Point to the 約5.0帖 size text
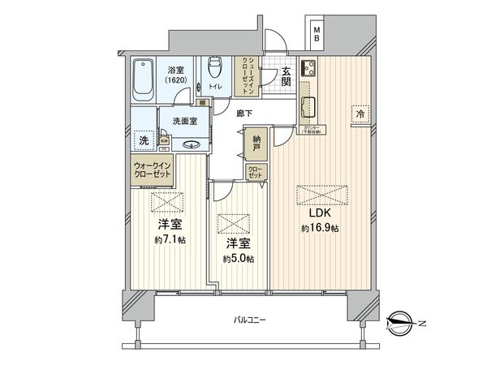[238, 258]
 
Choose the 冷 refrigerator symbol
[359, 115]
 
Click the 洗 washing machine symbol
[144, 140]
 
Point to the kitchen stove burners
[308, 69]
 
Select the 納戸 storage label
[256, 145]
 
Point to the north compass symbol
[403, 318]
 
